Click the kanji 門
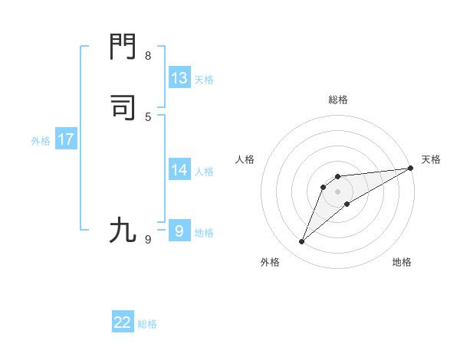[123, 48]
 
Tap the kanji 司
[123, 108]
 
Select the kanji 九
[123, 230]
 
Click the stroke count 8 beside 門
[148, 56]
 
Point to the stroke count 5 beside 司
[148, 116]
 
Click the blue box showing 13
[179, 78]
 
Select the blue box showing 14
[179, 170]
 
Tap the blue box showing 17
[66, 139]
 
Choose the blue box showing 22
[123, 322]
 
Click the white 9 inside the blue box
[179, 231]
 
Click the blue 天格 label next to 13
[204, 80]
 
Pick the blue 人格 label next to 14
[204, 172]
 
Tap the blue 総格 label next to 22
[147, 324]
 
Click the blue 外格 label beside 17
[41, 141]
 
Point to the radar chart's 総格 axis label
[338, 100]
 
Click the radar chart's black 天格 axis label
[431, 159]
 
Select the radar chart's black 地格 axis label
[402, 263]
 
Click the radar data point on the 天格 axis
[410, 168]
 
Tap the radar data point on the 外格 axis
[301, 242]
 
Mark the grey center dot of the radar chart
[338, 191]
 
